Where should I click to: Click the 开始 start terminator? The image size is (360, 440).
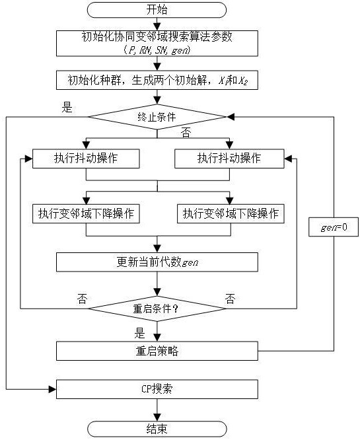157,10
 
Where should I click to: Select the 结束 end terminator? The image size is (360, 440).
157,429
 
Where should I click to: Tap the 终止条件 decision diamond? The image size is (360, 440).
157,117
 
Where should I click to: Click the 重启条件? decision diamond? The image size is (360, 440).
157,309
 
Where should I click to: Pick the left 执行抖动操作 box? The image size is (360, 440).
86,159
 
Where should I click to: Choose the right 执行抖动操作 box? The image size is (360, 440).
229,159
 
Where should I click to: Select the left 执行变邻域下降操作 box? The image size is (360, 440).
86,214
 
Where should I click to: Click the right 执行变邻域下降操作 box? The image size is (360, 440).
231,214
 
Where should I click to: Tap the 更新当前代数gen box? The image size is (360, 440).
157,262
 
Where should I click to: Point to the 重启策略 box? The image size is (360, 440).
157,351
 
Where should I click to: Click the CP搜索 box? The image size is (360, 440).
157,389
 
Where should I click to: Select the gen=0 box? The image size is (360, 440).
334,227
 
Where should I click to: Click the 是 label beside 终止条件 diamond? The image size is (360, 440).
67,107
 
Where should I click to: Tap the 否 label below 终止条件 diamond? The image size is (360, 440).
186,133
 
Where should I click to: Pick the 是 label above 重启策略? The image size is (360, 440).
139,333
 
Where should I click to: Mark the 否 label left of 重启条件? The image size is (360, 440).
82,299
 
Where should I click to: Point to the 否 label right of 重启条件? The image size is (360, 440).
230,299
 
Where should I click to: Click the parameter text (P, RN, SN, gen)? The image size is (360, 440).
157,50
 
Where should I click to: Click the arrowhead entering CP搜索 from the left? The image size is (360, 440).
52,389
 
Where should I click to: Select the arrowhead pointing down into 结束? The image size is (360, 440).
157,418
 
